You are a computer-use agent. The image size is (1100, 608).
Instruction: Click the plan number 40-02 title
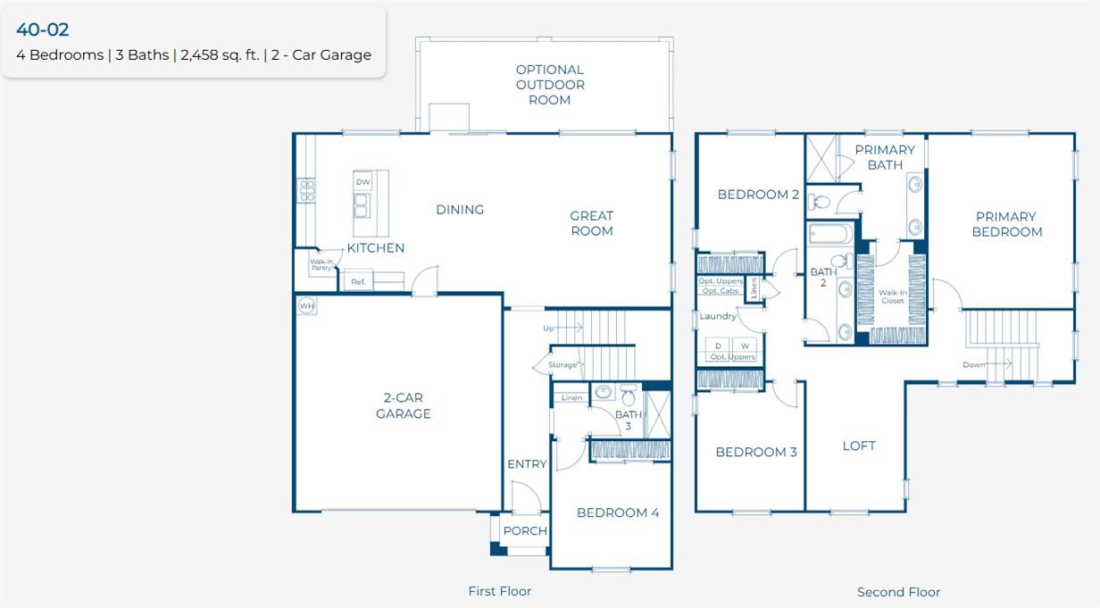43,29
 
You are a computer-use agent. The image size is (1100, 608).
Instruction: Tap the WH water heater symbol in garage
307,306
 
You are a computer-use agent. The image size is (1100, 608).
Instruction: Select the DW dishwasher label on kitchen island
362,182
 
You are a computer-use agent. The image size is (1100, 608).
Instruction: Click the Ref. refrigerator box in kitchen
358,282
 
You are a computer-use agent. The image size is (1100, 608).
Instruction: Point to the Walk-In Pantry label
321,265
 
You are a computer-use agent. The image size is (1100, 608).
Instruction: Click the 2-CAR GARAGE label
403,406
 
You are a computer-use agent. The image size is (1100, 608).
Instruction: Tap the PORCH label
525,531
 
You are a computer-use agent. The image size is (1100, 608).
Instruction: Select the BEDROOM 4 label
618,513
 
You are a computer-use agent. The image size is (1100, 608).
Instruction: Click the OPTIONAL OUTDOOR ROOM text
550,85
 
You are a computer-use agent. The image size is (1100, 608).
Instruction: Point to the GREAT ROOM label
592,223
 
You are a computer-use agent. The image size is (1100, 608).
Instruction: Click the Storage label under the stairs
562,365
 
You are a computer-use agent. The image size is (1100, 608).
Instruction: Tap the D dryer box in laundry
718,346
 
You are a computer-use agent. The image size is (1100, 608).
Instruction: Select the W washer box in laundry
745,346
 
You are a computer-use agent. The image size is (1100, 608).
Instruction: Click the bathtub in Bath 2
830,234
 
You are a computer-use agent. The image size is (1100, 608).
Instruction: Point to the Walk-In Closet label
892,296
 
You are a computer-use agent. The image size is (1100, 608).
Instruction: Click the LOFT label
859,446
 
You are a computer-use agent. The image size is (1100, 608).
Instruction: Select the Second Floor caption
898,592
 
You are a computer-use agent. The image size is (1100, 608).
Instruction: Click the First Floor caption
500,591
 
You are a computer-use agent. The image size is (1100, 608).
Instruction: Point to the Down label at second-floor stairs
973,364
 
